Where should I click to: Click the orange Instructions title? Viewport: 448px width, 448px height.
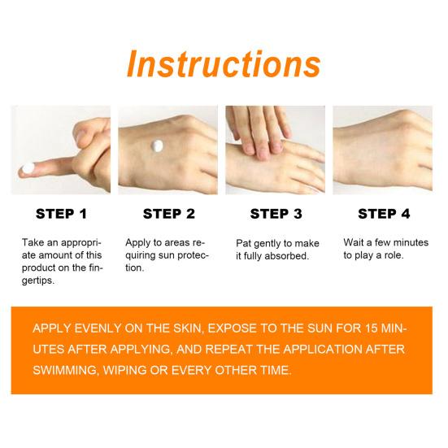(x=224, y=63)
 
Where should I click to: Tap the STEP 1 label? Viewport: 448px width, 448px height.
(x=61, y=214)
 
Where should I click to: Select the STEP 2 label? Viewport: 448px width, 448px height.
(x=169, y=214)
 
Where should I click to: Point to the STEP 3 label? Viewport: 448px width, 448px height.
(x=276, y=214)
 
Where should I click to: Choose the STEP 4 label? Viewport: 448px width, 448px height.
(x=384, y=214)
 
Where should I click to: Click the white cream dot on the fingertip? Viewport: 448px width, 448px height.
(x=28, y=167)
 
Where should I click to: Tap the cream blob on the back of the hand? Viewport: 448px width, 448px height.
(x=157, y=146)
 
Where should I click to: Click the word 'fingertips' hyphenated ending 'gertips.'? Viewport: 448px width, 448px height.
(x=38, y=281)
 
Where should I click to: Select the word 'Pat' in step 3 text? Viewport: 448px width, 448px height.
(x=243, y=243)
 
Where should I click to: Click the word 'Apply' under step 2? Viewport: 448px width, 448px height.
(x=137, y=243)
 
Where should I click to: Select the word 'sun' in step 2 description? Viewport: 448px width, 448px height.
(x=167, y=255)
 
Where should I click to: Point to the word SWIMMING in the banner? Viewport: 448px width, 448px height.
(x=65, y=370)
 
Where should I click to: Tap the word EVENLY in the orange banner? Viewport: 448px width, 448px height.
(x=98, y=328)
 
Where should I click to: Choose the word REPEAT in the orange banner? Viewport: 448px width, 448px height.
(x=228, y=349)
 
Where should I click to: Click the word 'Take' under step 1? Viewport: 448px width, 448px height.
(x=33, y=242)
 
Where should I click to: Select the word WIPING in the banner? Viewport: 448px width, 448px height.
(x=124, y=370)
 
